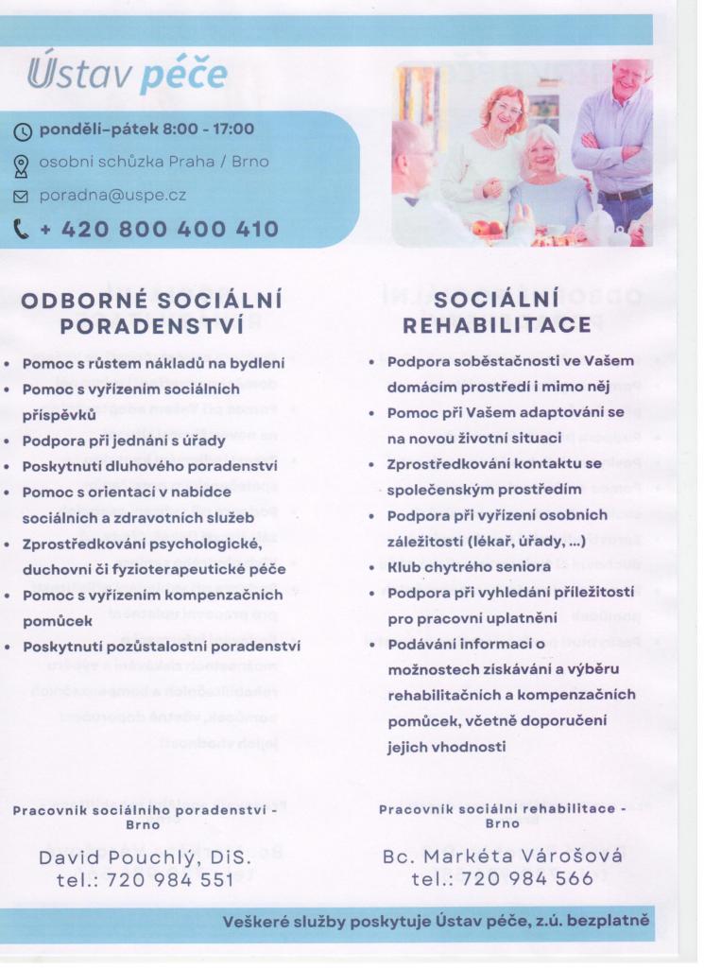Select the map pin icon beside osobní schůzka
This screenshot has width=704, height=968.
(25, 164)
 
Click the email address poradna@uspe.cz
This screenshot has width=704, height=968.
(112, 197)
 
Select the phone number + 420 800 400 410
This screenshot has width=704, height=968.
(158, 229)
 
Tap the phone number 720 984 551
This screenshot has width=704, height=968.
(171, 879)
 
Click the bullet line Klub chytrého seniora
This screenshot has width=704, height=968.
(464, 567)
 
